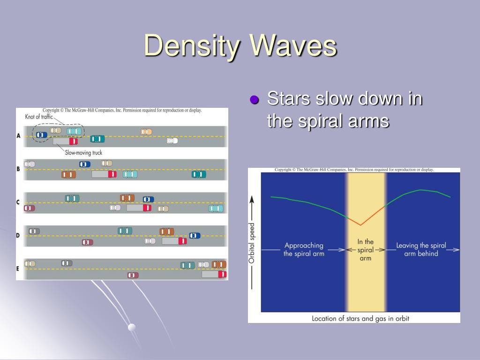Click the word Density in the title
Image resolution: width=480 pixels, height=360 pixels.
coord(192,46)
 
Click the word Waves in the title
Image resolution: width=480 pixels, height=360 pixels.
coord(293,45)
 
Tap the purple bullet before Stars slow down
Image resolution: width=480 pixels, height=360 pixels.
coord(255,99)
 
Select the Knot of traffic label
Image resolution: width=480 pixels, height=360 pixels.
coord(39,117)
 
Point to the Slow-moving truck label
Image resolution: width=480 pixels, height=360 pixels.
coord(83,152)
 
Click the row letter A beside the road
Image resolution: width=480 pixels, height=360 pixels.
coord(18,135)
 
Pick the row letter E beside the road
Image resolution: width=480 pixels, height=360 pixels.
coord(18,269)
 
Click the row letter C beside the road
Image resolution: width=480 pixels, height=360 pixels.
coord(18,202)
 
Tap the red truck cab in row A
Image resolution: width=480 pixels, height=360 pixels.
coord(74,141)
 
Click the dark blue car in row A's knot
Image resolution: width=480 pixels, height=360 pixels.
coord(42,135)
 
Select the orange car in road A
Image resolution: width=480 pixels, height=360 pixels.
coord(146,132)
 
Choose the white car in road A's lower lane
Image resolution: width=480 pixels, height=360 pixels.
coord(172,141)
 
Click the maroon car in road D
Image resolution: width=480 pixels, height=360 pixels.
coord(87,242)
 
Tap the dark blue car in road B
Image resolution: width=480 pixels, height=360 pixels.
coord(85,164)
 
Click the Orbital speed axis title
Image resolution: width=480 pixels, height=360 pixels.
coord(251,243)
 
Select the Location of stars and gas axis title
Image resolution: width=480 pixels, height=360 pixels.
coord(360,318)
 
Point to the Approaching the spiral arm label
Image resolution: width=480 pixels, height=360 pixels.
coord(304,249)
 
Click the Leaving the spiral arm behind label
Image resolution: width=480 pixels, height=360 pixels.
coord(421,249)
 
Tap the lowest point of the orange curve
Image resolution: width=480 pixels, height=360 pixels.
coord(360,225)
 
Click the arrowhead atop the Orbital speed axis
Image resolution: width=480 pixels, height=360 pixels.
coord(252,200)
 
